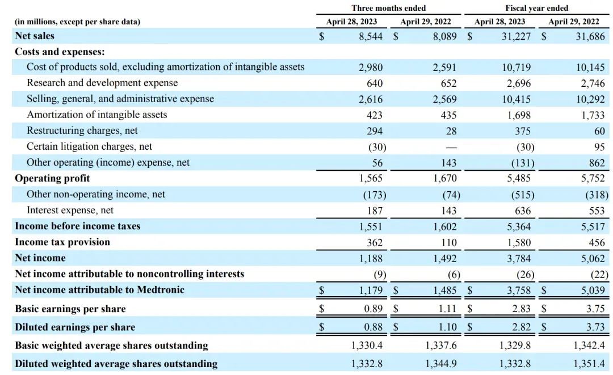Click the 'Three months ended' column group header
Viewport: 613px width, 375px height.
coord(388,8)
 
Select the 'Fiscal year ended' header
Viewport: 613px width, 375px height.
coord(536,8)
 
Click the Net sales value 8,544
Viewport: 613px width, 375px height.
coord(371,36)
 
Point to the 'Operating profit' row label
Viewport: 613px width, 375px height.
coord(52,178)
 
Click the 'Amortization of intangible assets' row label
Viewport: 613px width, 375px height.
coord(96,115)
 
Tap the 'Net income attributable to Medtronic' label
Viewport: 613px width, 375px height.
coord(99,289)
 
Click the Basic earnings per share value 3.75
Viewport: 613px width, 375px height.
coord(595,309)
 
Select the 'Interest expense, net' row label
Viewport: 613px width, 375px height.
coord(70,210)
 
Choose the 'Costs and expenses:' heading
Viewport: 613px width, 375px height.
coord(60,51)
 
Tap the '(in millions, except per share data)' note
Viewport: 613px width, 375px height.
coord(77,22)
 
